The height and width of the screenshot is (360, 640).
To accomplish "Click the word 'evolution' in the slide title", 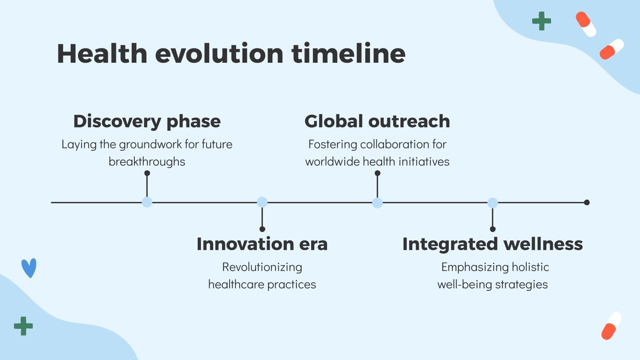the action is click(x=219, y=54).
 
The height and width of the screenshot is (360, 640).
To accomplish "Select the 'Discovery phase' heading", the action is click(x=147, y=122).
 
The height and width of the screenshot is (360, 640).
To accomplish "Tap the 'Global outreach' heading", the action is click(x=377, y=121).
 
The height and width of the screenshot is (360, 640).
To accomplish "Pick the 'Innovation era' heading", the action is click(x=262, y=244).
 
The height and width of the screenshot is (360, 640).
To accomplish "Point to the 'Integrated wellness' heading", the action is click(x=492, y=244).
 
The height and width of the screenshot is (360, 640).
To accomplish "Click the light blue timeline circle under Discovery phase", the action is click(x=147, y=202).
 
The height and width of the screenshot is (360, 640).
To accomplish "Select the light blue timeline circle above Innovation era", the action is click(x=262, y=202).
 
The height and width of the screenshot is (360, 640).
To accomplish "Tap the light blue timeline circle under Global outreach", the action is click(x=378, y=202).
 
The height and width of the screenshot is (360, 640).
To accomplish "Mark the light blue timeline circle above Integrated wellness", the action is click(x=492, y=202).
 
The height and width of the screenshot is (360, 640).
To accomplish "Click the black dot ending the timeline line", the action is click(x=587, y=202).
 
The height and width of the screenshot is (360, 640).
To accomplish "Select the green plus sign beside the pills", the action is click(x=542, y=21).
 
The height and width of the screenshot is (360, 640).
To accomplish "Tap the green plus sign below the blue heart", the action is click(x=24, y=326).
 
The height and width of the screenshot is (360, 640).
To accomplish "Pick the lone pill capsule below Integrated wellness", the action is click(x=611, y=326).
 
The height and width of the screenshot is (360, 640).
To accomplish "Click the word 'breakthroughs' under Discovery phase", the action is click(x=147, y=162).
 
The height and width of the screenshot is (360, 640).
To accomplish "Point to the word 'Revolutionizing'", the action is click(x=262, y=268).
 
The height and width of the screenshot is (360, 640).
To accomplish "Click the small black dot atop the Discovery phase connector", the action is click(x=147, y=173).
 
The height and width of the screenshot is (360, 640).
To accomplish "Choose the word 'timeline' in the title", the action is click(x=348, y=54).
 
